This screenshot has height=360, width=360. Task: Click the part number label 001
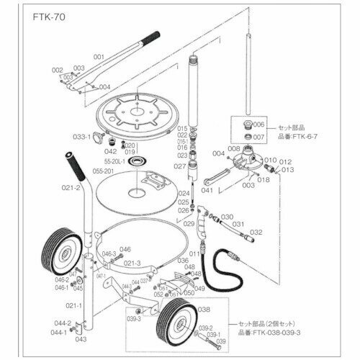click(x=99, y=56)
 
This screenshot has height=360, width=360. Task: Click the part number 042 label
click(x=110, y=151)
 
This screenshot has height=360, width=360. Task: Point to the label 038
click(x=203, y=310)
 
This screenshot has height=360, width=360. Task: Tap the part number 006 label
click(x=260, y=124)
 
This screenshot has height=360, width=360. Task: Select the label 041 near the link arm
click(x=205, y=191)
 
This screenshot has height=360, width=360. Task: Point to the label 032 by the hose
click(x=256, y=233)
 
